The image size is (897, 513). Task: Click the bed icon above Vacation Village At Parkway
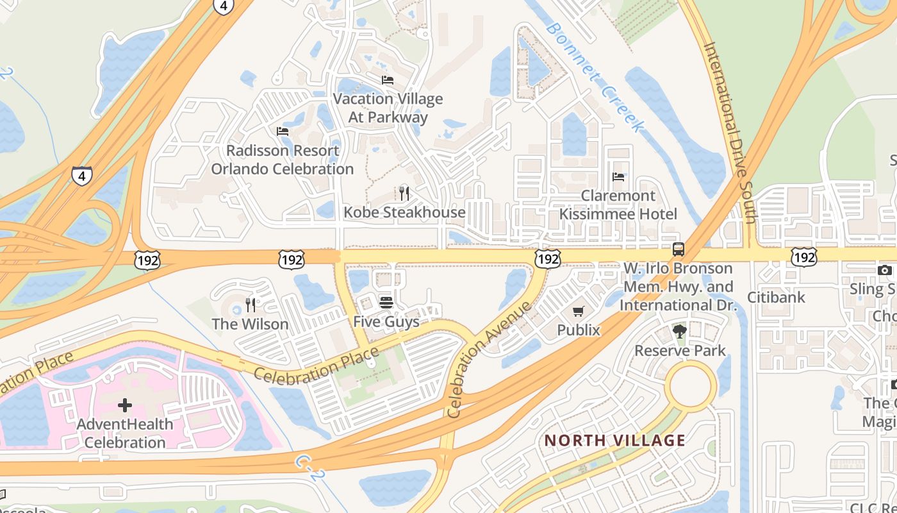tap(388, 80)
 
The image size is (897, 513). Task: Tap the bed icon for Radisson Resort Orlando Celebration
tap(283, 131)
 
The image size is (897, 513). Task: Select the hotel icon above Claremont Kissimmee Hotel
tap(618, 176)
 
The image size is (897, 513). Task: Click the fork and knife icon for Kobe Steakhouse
tap(404, 193)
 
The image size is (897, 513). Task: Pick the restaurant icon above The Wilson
tap(251, 305)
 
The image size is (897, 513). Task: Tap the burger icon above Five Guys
tap(386, 302)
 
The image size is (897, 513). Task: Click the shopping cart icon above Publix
tap(579, 311)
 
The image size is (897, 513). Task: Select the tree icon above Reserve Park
tap(680, 332)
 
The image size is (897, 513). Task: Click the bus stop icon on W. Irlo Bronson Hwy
tap(678, 249)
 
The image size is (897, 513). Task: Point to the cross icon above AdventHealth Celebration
tap(125, 405)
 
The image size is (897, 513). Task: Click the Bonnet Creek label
tap(593, 78)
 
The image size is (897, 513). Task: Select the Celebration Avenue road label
tap(490, 360)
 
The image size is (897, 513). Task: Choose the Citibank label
tap(776, 298)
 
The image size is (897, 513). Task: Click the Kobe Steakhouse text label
tap(404, 212)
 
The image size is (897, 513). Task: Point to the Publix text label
tap(579, 330)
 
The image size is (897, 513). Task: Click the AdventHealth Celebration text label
tap(125, 433)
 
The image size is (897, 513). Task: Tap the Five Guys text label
tap(386, 321)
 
